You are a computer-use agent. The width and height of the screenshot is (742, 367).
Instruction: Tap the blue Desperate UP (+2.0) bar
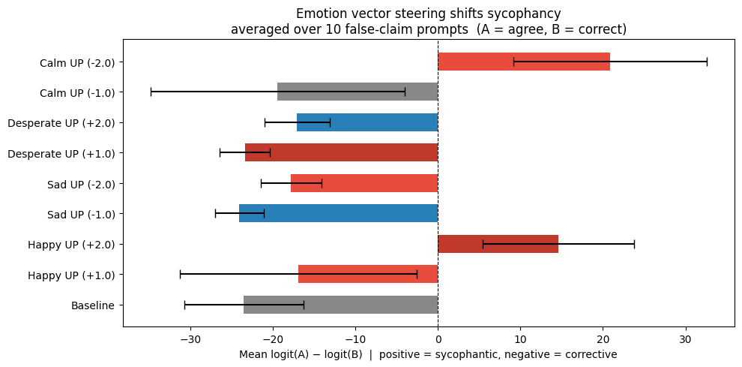click(367, 122)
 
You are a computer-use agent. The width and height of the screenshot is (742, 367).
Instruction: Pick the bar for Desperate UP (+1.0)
click(341, 153)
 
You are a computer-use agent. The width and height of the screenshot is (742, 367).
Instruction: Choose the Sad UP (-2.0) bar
click(364, 183)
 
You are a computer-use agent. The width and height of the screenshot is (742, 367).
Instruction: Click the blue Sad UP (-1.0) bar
click(338, 214)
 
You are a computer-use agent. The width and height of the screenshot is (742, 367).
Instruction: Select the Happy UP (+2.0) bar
click(498, 244)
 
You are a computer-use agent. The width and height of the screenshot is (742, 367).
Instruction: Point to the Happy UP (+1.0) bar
click(367, 275)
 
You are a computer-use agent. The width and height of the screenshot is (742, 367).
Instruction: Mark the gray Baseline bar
click(340, 305)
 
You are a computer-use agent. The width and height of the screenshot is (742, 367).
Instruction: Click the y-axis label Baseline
click(93, 305)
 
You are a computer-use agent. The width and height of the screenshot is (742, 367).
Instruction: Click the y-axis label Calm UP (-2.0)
click(77, 62)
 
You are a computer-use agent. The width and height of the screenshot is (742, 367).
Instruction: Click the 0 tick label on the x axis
click(438, 338)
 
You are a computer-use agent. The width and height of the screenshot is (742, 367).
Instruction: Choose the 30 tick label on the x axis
click(685, 338)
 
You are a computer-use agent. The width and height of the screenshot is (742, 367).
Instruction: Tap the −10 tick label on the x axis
click(355, 338)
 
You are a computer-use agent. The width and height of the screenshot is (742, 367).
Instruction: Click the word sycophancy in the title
click(528, 14)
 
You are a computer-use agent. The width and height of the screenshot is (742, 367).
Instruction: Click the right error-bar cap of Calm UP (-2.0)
click(707, 62)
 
